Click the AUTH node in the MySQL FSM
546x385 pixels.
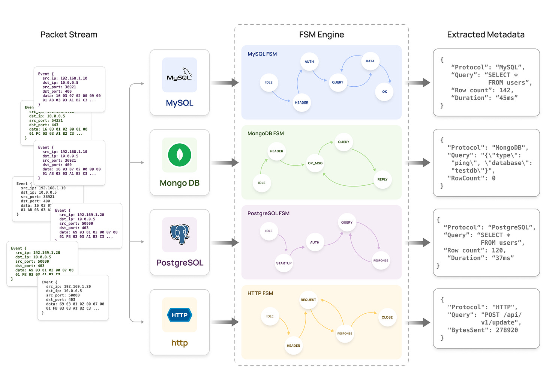pos(309,62)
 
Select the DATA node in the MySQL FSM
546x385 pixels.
pos(370,61)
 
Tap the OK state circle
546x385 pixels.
pos(384,92)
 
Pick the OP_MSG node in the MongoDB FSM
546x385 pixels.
pos(315,163)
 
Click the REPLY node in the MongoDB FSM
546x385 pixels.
pos(382,179)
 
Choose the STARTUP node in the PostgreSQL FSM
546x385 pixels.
pos(284,263)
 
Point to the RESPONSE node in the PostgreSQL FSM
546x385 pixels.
pos(381,260)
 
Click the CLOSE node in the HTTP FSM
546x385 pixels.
pos(387,317)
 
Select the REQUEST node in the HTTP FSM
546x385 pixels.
pos(308,300)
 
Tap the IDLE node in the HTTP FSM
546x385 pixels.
pos(270,316)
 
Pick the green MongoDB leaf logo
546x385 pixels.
pos(180,155)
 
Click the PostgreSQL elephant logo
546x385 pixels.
pos(180,235)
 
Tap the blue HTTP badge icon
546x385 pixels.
pos(180,315)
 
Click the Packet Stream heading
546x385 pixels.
pos(69,35)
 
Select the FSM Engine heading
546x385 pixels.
pos(321,35)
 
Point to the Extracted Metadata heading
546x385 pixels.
pos(486,35)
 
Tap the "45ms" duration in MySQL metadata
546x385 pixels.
pos(507,98)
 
